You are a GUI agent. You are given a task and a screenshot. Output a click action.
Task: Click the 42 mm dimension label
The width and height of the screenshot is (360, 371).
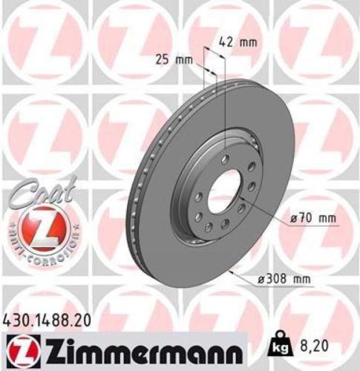point(238,42)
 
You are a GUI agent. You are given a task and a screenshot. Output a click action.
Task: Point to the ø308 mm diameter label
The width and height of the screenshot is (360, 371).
point(284,279)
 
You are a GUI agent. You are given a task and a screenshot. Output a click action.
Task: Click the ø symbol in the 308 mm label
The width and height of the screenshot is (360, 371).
point(263,279)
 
